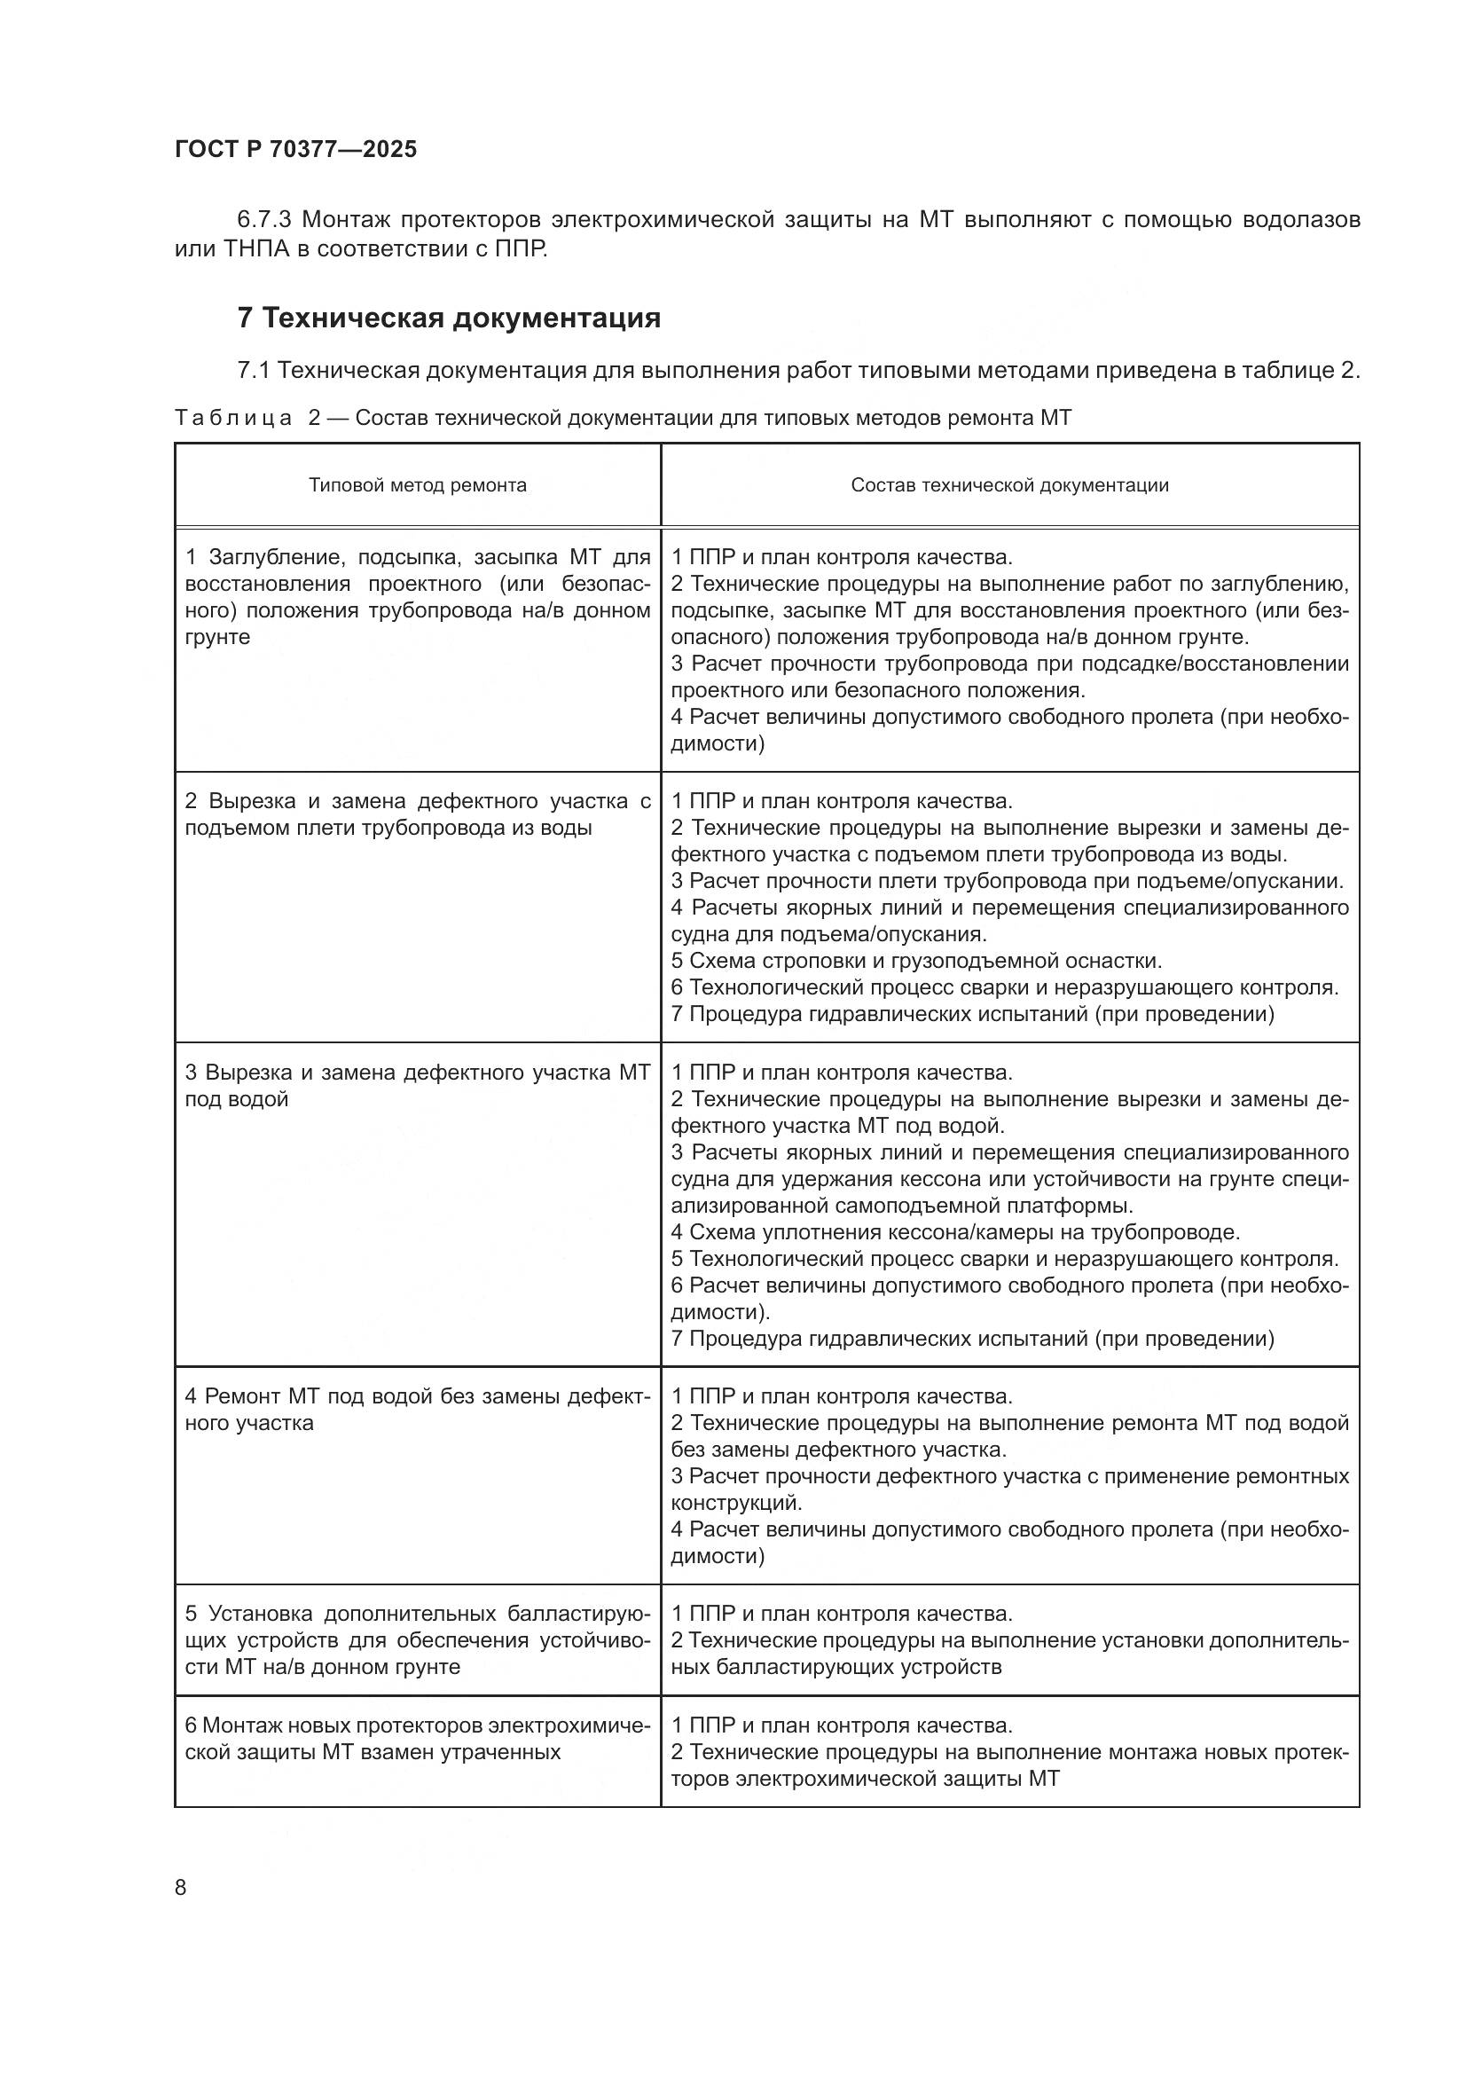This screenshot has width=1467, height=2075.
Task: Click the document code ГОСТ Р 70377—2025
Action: tap(295, 149)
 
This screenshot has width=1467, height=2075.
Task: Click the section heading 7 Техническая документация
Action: tap(448, 318)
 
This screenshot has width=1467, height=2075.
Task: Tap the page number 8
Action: tap(181, 1887)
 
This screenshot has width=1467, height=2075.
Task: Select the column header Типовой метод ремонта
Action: tap(418, 485)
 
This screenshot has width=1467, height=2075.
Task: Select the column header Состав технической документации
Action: tap(1009, 485)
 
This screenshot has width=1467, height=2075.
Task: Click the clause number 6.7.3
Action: tap(264, 220)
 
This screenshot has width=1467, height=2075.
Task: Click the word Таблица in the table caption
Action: tap(233, 418)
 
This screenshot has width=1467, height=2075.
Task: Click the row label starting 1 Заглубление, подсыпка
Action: tap(417, 596)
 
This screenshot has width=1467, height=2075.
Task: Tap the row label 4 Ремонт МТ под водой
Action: tap(417, 1410)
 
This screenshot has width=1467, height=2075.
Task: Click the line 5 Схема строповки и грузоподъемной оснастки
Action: tap(916, 961)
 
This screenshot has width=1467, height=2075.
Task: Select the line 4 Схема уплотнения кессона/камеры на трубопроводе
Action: tap(955, 1233)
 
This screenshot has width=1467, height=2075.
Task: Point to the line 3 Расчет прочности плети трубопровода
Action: tap(1007, 881)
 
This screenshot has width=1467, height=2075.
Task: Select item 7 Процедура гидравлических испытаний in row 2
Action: tap(972, 1014)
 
